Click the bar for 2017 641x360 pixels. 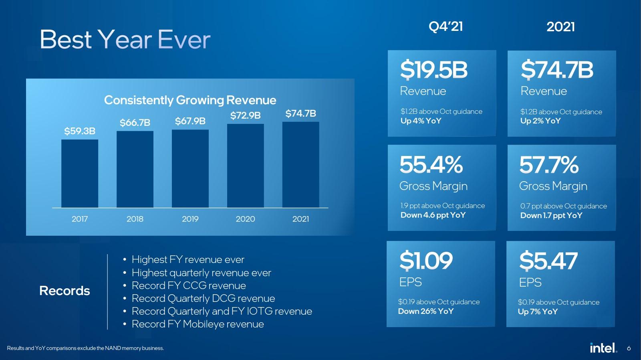(x=80, y=174)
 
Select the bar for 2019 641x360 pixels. (x=190, y=169)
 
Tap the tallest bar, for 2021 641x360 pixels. (x=301, y=165)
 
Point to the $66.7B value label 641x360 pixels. (x=135, y=123)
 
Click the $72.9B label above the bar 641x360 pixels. (x=245, y=115)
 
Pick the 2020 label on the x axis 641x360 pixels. (x=245, y=219)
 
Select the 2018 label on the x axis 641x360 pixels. (x=135, y=219)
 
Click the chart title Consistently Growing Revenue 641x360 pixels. (x=190, y=100)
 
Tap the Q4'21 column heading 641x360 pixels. (x=445, y=26)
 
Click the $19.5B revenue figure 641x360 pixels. (x=434, y=70)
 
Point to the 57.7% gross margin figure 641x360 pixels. (x=549, y=165)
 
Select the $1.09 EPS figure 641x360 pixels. (x=426, y=261)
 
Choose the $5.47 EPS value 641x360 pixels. (x=548, y=261)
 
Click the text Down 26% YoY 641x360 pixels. (x=425, y=311)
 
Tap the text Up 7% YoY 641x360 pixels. (x=537, y=311)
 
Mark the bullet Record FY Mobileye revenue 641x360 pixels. (x=198, y=324)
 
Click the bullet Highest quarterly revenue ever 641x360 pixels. (x=201, y=273)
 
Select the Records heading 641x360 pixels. (x=65, y=291)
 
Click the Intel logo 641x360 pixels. (x=603, y=348)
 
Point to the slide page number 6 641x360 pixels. (x=629, y=348)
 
